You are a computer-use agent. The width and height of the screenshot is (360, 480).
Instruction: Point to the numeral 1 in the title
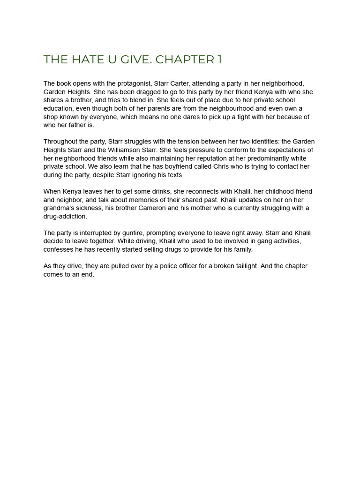[219, 60]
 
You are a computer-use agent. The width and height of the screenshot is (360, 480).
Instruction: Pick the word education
[58, 108]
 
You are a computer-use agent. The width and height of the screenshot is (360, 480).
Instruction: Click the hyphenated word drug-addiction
[65, 217]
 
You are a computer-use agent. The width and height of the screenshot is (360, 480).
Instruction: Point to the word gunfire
[131, 233]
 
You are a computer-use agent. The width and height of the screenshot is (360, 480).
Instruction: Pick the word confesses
[58, 249]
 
